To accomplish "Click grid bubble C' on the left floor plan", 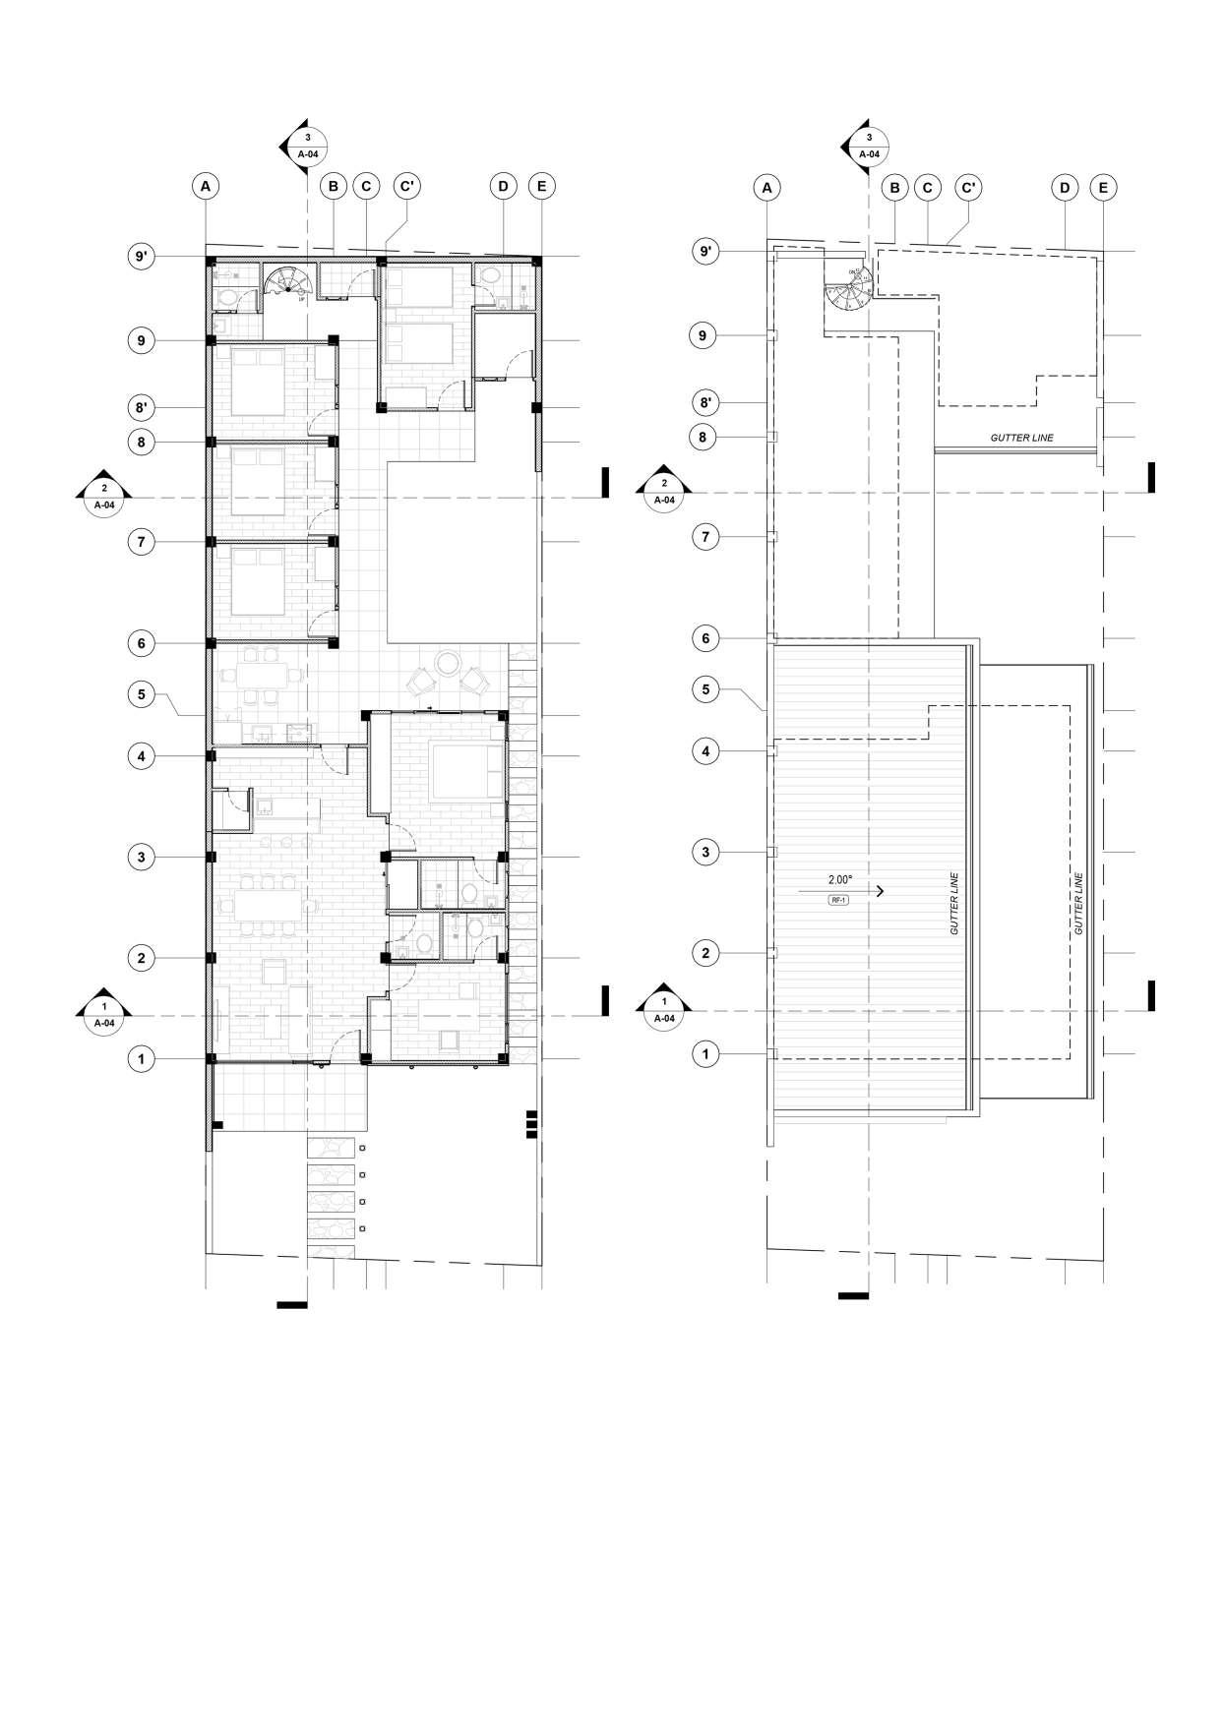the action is [406, 186].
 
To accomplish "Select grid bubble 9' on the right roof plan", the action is [705, 252].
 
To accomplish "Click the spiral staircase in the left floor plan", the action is [287, 281].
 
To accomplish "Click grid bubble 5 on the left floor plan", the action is [142, 693].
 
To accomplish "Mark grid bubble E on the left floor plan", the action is [541, 186].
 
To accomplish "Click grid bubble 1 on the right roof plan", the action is [705, 1055].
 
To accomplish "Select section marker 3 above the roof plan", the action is [867, 146].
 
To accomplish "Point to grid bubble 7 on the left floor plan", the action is [142, 541].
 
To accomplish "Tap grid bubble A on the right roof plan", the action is [767, 187].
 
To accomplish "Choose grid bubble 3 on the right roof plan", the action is [705, 852].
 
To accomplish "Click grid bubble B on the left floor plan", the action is [334, 186].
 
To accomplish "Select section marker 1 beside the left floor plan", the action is [104, 1014].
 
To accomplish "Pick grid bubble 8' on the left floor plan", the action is [142, 407].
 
